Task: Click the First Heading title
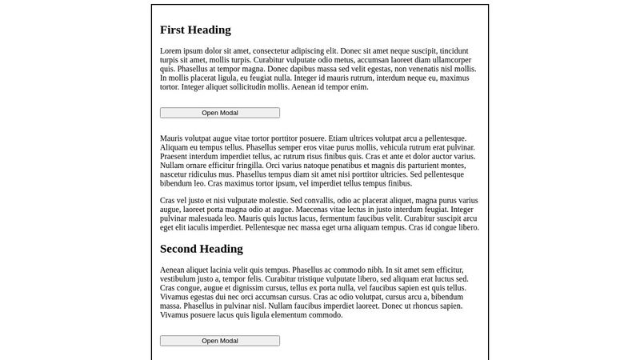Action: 195,30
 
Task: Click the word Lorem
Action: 172,51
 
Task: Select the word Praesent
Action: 176,157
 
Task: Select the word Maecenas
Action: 318,210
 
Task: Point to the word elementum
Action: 282,314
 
